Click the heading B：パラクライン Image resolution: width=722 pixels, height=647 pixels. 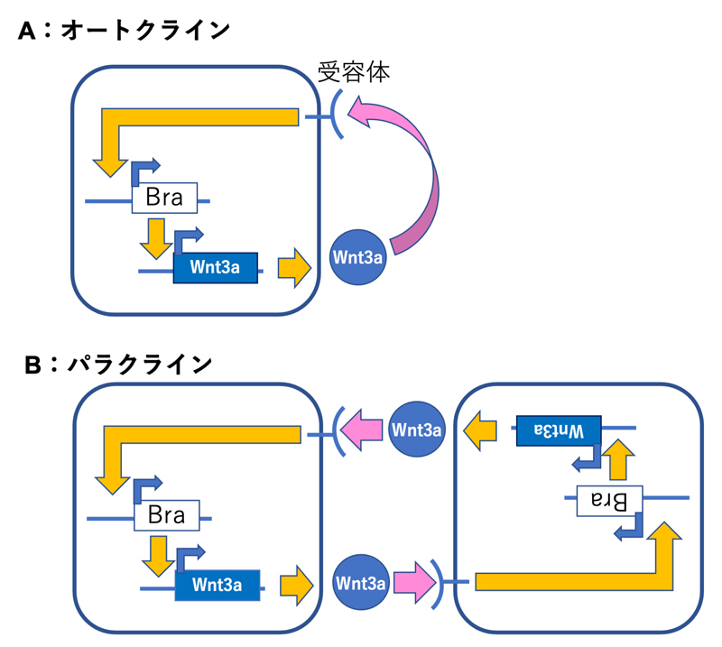point(117,365)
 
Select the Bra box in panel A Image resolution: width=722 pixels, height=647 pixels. point(163,199)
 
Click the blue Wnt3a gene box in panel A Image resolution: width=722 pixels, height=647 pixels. point(215,268)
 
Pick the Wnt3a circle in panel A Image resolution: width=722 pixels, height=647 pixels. point(358,256)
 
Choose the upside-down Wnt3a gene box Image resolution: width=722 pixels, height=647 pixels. point(558,430)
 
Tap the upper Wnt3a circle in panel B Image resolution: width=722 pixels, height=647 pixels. point(417,430)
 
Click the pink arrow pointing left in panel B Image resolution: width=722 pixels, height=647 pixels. point(366,428)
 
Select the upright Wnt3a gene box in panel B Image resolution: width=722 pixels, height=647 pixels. point(218,585)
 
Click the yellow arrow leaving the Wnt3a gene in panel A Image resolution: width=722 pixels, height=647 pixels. point(293,268)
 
